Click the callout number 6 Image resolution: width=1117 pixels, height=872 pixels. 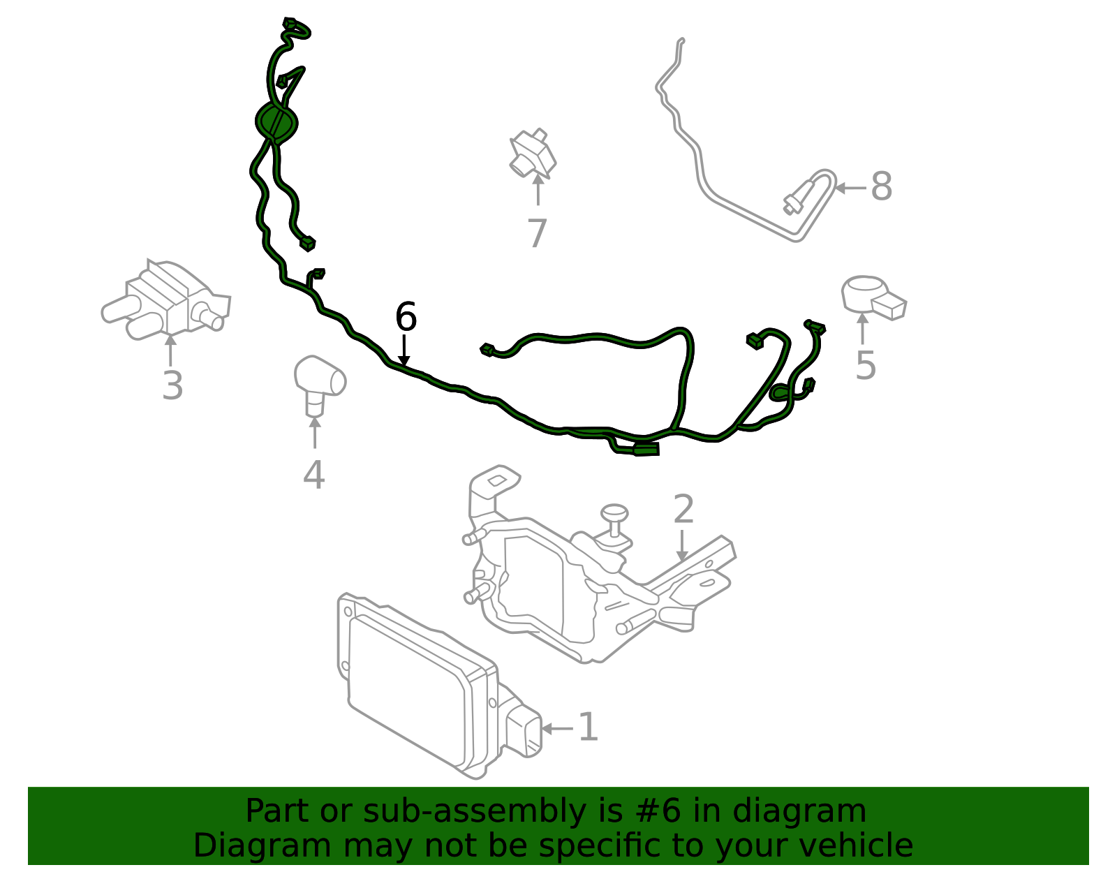point(406,318)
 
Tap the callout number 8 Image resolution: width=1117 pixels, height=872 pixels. point(881,187)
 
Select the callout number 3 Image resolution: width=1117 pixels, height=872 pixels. point(172,386)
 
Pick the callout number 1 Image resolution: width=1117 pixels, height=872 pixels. point(588,727)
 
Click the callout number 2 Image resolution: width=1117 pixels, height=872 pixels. point(683,510)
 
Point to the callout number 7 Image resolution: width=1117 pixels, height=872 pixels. point(537,234)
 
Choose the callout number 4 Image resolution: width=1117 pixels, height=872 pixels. point(313,475)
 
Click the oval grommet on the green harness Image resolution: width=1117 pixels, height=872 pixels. point(276,122)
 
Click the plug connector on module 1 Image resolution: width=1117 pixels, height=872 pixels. point(524,730)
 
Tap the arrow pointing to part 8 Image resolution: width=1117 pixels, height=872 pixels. point(850,187)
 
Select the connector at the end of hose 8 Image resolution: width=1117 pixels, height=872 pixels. point(798,198)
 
